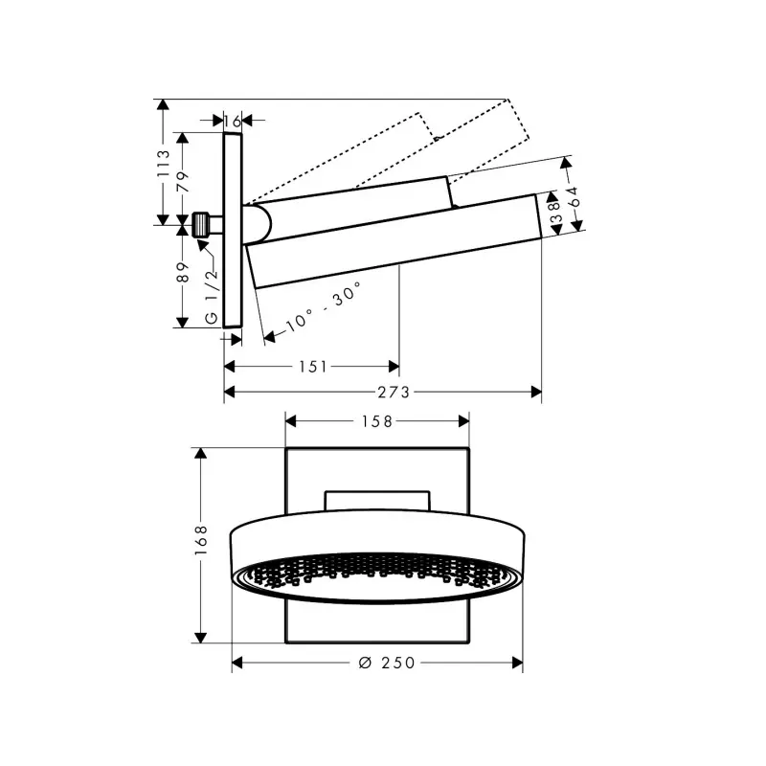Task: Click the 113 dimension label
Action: (163, 163)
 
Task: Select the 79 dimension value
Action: (183, 182)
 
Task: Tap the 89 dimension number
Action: (183, 272)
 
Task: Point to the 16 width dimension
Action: (233, 121)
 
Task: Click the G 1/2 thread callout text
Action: (212, 296)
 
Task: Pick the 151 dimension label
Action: (313, 367)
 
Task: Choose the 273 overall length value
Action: (394, 392)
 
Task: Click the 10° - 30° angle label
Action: (324, 306)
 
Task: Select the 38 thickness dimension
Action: (555, 213)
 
